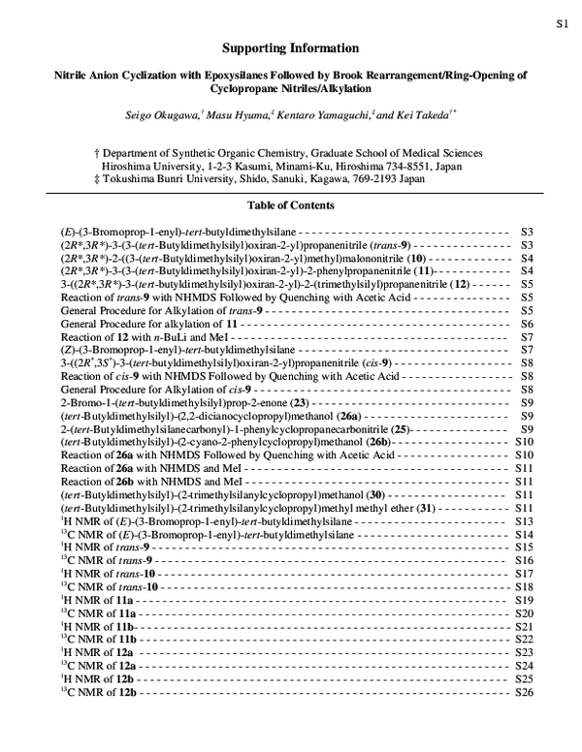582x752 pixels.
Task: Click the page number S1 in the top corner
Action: (x=561, y=20)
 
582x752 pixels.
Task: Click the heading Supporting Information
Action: (x=290, y=47)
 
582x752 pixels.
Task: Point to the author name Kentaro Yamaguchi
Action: (x=317, y=114)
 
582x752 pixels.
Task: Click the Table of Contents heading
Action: (x=291, y=205)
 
